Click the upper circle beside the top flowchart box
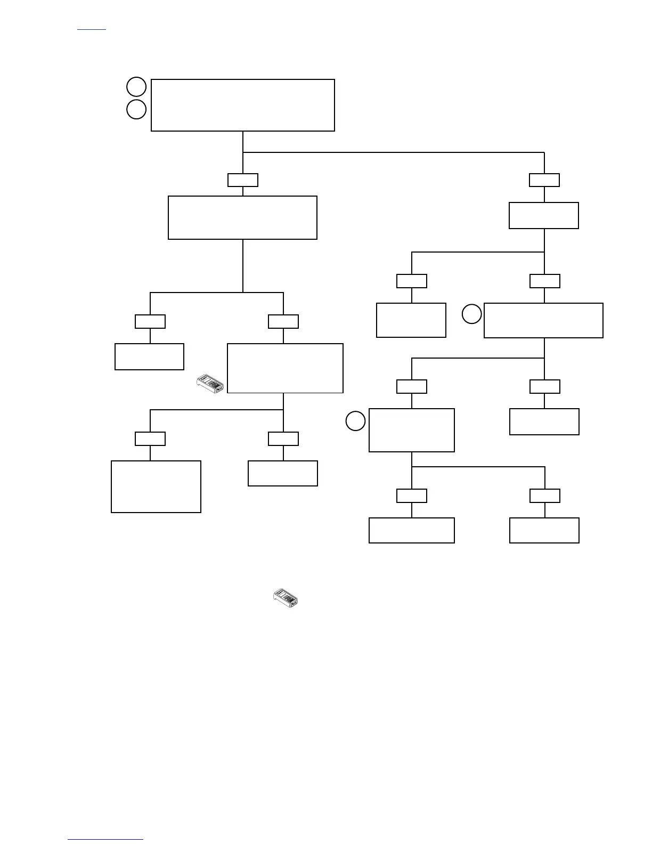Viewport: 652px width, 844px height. [x=136, y=87]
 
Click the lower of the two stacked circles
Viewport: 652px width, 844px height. [x=136, y=109]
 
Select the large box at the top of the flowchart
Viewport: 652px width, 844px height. [x=243, y=105]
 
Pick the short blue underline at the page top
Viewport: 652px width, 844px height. [x=92, y=30]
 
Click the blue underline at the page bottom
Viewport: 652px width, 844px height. [x=105, y=840]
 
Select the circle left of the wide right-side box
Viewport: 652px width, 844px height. [x=471, y=314]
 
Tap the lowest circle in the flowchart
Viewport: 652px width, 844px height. [x=355, y=421]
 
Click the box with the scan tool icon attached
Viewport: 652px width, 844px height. [x=285, y=368]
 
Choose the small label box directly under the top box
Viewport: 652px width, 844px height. [x=243, y=180]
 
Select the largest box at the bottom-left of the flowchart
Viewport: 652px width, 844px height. [x=156, y=486]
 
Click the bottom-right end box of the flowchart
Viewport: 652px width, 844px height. [x=544, y=530]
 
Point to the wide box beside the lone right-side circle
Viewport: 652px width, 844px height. [x=543, y=320]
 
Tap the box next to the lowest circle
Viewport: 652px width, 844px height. [x=412, y=430]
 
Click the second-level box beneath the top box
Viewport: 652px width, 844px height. [x=242, y=217]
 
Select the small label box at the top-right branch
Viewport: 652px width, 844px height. [x=544, y=180]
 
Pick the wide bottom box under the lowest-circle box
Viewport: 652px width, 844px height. [x=412, y=530]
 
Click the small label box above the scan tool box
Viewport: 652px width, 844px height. [x=283, y=321]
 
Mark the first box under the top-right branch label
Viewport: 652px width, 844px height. [x=544, y=215]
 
